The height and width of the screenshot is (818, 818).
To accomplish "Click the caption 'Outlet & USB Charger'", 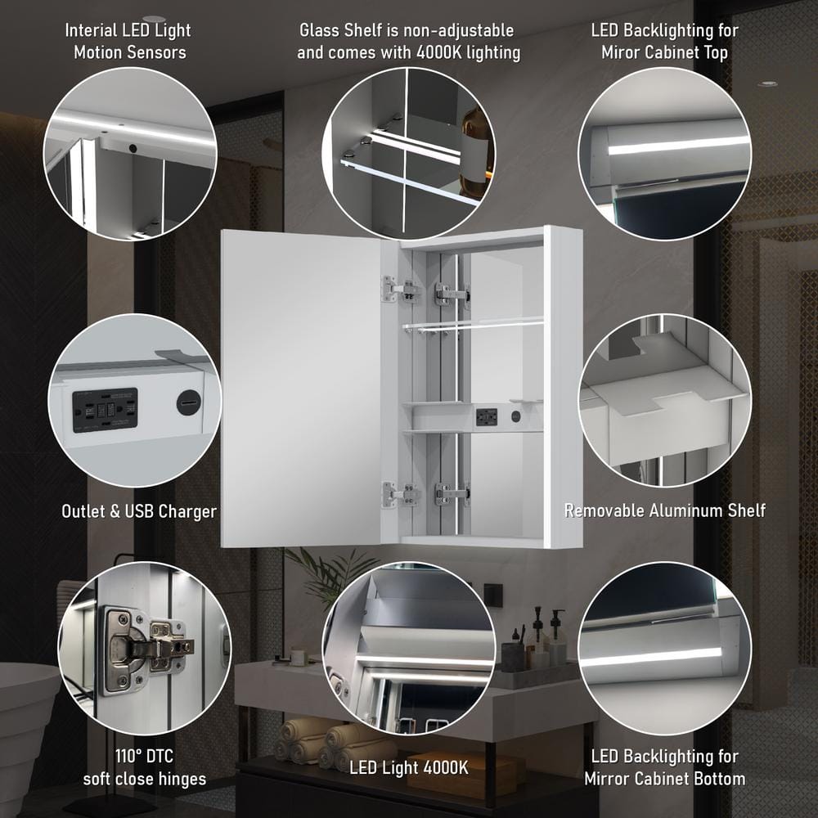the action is tap(139, 511).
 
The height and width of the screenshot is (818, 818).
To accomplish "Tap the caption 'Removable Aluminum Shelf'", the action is tap(665, 510).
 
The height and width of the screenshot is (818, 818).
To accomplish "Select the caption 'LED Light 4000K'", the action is tap(409, 767).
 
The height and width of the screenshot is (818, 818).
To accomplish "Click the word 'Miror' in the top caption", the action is tap(622, 52).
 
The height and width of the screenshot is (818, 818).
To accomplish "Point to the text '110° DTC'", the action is tap(144, 755).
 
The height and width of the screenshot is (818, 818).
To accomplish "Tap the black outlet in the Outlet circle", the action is tap(105, 410).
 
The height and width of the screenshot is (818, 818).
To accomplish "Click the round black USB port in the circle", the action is tap(188, 402).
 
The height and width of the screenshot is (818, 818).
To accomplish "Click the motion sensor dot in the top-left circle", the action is tap(133, 148).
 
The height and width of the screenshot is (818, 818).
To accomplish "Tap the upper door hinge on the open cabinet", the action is tap(401, 290).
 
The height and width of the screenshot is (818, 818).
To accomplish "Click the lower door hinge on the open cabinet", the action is tap(401, 494).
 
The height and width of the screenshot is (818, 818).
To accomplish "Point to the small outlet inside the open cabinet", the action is tap(486, 417).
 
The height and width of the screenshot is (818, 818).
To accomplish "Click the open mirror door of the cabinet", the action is tap(300, 389).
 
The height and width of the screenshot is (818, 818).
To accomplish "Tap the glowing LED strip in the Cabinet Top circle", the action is tap(678, 145).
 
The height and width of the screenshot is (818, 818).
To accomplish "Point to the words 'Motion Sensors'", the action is tap(130, 52).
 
